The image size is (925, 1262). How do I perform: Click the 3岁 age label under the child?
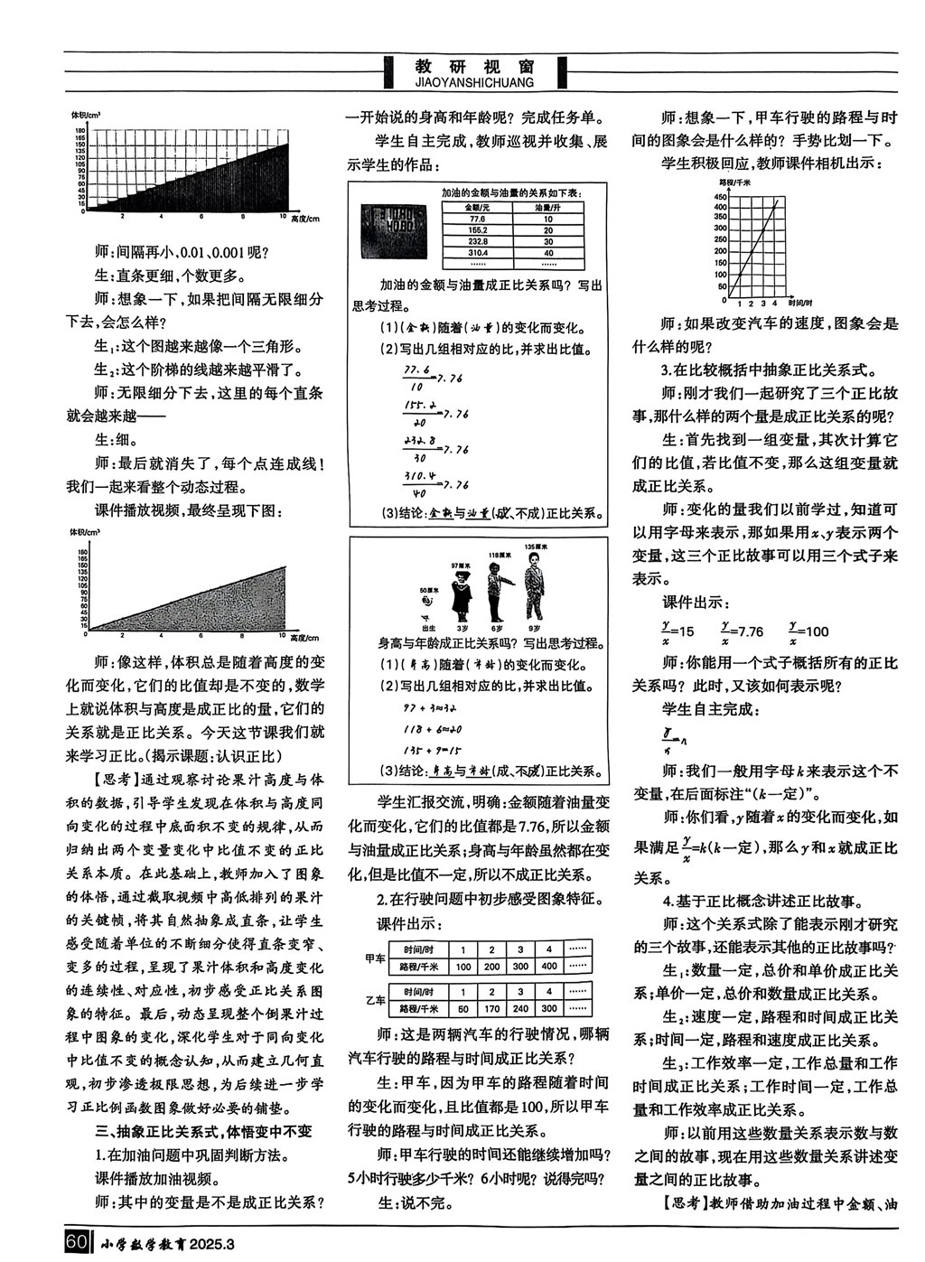pos(462,627)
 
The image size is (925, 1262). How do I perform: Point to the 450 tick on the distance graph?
pos(721,196)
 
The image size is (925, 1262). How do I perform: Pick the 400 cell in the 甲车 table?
pos(549,966)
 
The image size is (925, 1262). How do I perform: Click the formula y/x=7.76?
pos(741,631)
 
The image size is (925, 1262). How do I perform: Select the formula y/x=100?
pos(808,631)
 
